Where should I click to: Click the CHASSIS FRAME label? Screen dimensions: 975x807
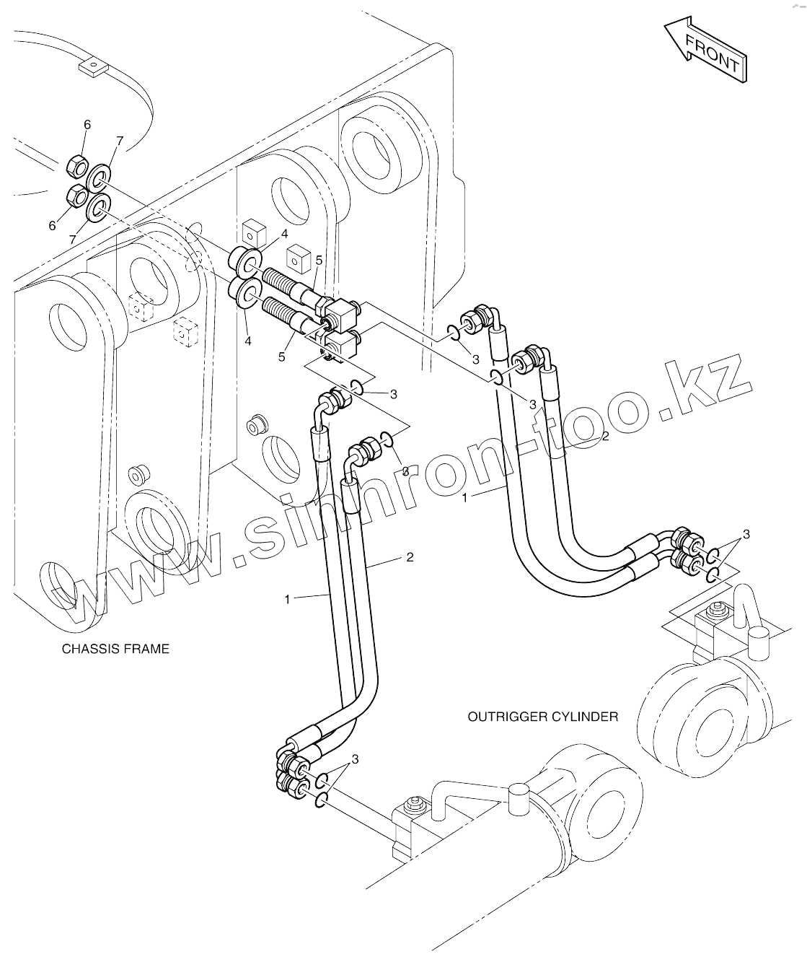point(115,649)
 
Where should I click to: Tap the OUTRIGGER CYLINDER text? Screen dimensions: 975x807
point(542,717)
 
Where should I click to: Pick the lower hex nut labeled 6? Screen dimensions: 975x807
point(75,195)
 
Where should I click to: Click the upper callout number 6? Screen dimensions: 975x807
point(87,125)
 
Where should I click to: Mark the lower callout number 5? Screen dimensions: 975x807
point(282,357)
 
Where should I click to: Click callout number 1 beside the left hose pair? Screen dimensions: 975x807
point(287,599)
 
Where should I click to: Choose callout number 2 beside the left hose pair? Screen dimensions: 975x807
point(410,557)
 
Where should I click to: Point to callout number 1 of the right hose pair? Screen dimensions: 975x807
point(465,498)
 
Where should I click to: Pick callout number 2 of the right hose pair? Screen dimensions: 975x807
point(606,436)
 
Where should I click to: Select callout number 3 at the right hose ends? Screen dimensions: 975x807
point(746,534)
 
